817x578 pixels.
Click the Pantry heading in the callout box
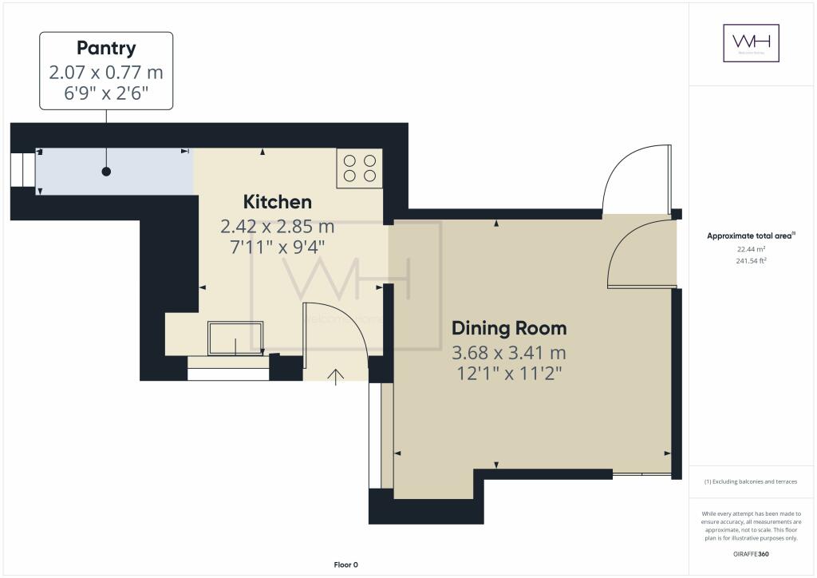coord(106,48)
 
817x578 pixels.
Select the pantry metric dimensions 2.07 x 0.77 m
coord(106,73)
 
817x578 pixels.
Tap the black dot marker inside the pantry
coord(106,172)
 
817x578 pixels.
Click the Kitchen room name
coord(277,201)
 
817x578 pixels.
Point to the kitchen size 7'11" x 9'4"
coord(277,247)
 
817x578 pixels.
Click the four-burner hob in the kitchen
coord(360,168)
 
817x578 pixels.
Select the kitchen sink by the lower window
coord(236,338)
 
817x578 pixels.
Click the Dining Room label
coord(509,327)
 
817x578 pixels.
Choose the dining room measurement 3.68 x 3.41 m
coord(509,352)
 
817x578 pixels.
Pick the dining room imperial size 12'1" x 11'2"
coord(509,374)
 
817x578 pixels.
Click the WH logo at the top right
coord(751,43)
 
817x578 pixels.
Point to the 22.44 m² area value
coord(751,248)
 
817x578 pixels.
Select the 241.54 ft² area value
coord(751,260)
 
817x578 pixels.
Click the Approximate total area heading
coord(750,236)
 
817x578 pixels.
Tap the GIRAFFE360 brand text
coord(751,554)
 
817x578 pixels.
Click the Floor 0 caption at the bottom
coord(345,564)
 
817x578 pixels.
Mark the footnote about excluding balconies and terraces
coord(751,481)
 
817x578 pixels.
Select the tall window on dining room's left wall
coord(375,435)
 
